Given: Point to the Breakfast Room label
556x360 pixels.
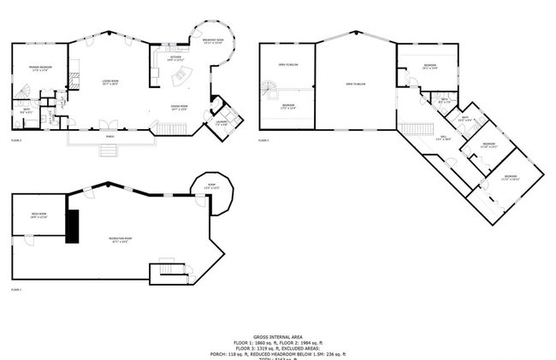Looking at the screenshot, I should tap(213, 41).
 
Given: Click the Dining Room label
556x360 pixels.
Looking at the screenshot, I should tap(179, 108).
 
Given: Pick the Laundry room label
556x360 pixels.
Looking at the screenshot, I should tap(220, 125).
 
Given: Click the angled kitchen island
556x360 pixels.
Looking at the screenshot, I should tap(181, 78).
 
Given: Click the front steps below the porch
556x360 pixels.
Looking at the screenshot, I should tap(109, 151).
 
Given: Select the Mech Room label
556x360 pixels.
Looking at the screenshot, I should tap(38, 215).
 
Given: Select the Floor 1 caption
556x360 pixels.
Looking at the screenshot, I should tap(16, 290).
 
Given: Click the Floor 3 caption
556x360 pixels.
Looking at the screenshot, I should tap(263, 140).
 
